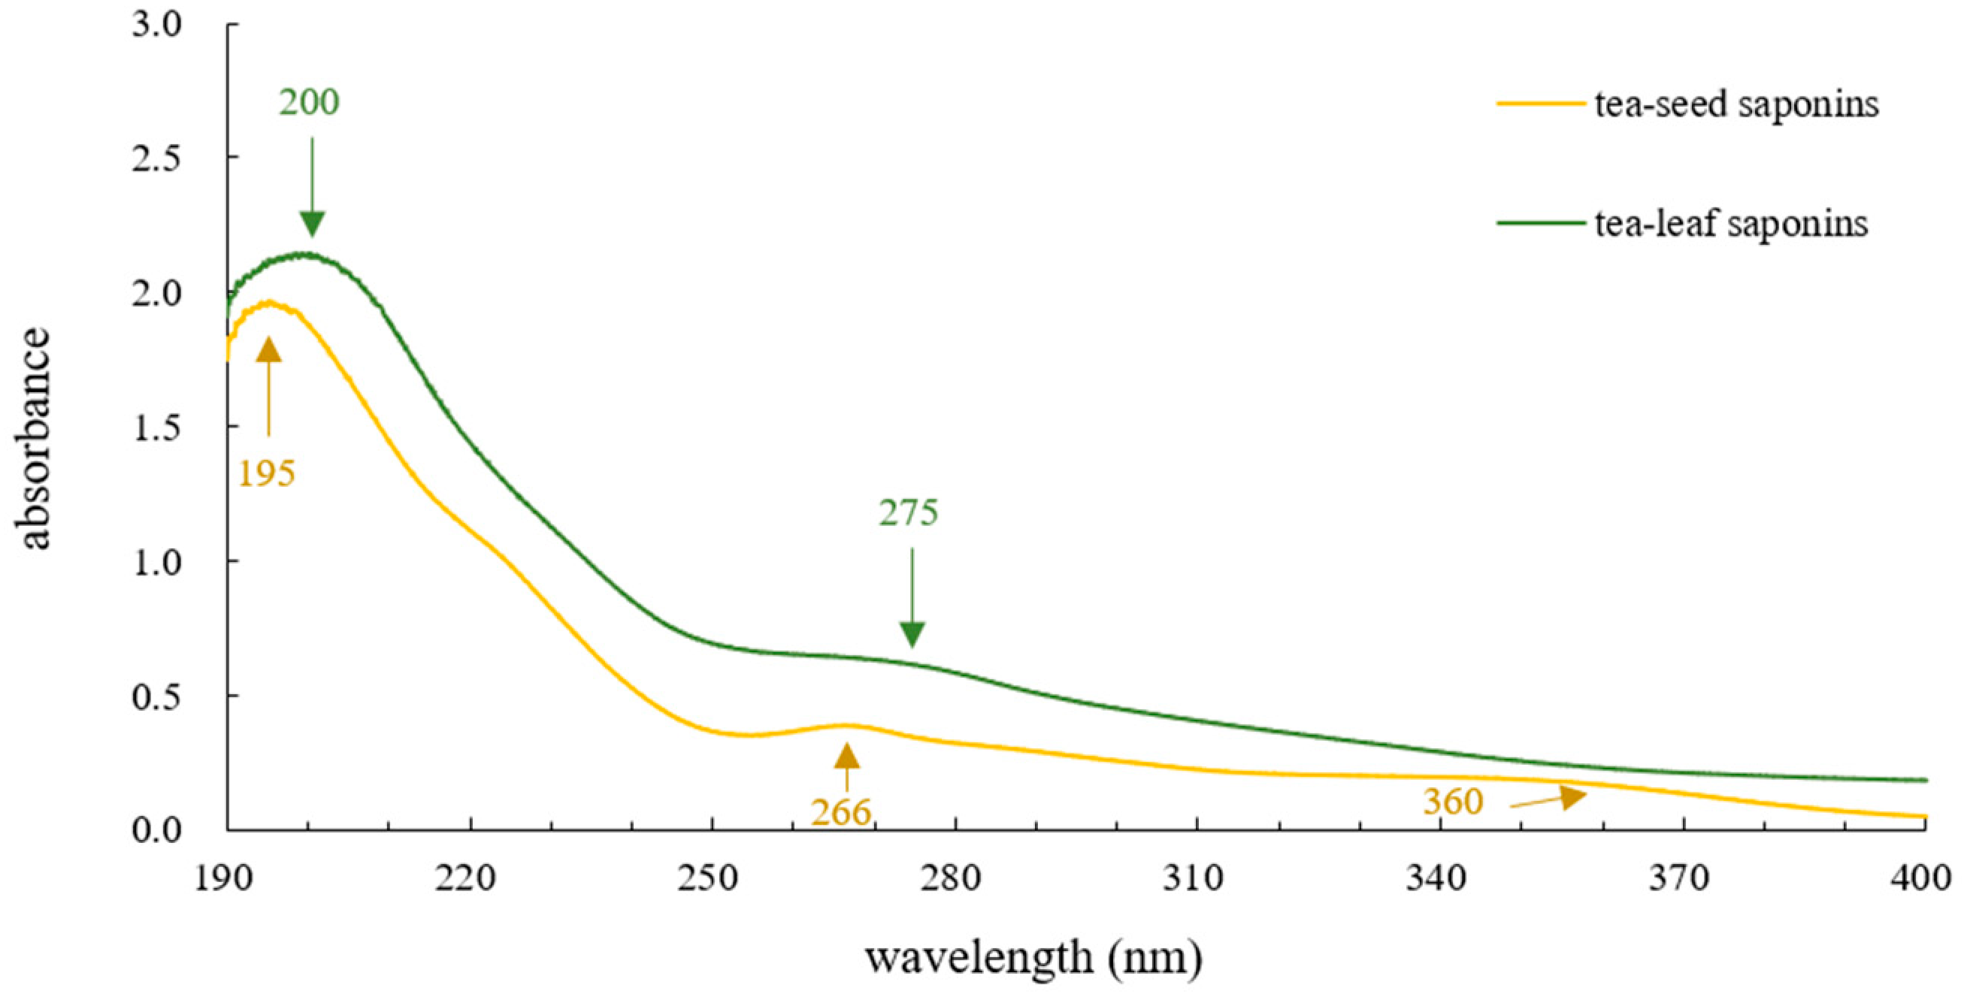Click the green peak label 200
click(x=309, y=102)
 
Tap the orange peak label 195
click(x=266, y=475)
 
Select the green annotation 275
click(x=908, y=513)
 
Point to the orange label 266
click(x=840, y=812)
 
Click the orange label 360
click(x=1452, y=801)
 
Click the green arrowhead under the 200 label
click(x=312, y=223)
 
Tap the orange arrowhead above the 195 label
click(x=268, y=350)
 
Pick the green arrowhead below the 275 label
click(x=912, y=634)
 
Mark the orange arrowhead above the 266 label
click(x=846, y=756)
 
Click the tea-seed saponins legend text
click(x=1736, y=103)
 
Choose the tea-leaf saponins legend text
click(x=1731, y=224)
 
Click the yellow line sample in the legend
click(x=1540, y=102)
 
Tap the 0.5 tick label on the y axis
click(x=156, y=697)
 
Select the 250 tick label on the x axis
click(x=707, y=878)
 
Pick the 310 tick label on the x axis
click(x=1193, y=878)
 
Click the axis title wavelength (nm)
click(x=1033, y=958)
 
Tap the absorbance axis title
click(x=34, y=438)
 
